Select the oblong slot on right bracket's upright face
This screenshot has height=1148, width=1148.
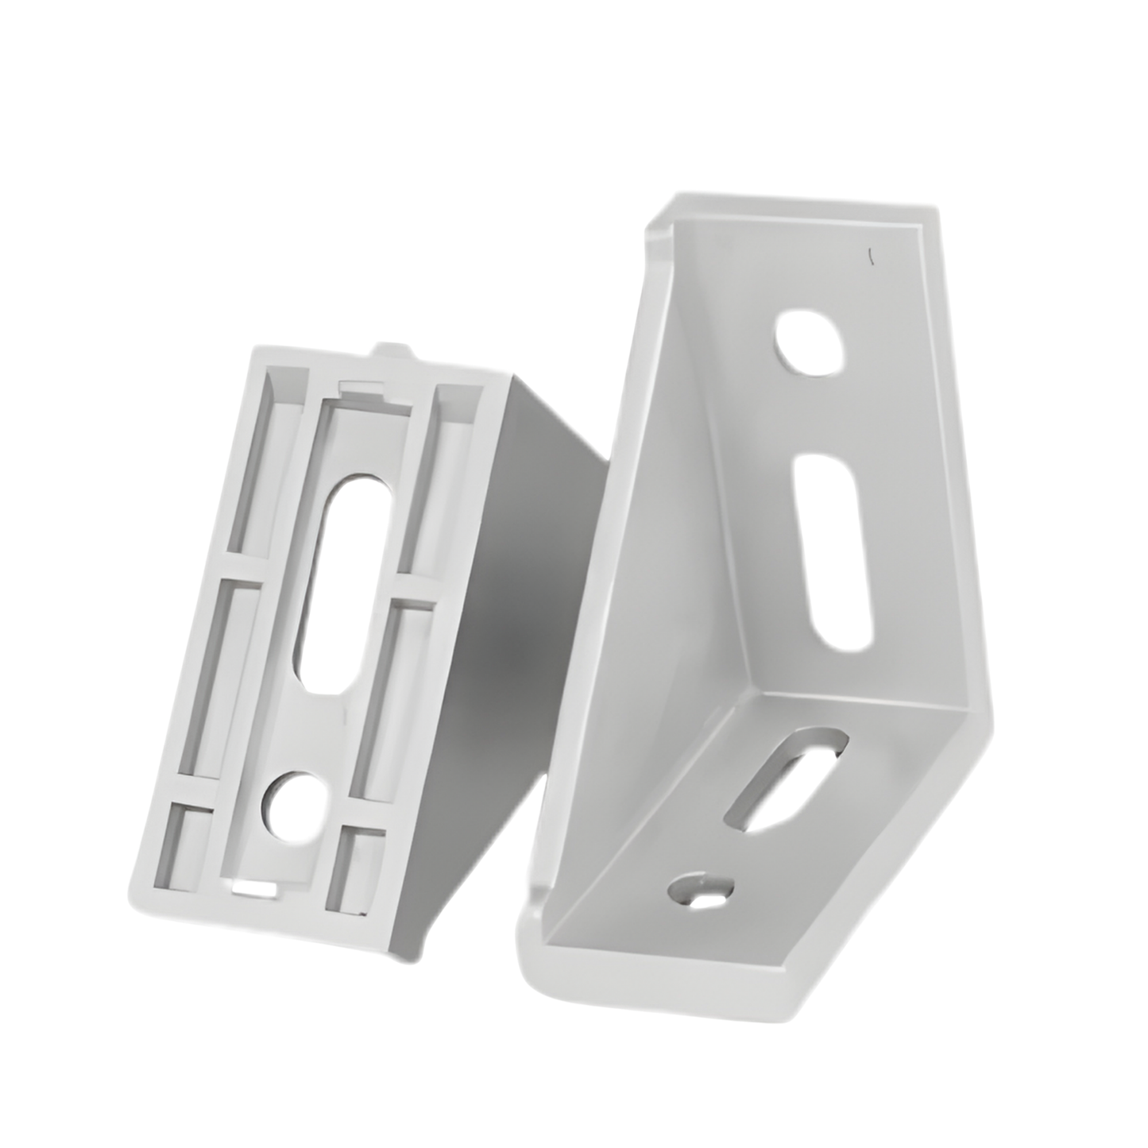click(832, 548)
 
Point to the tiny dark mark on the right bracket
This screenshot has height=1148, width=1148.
click(872, 256)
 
